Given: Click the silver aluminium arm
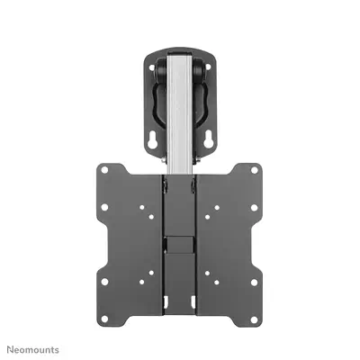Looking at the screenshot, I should click(180, 117).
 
